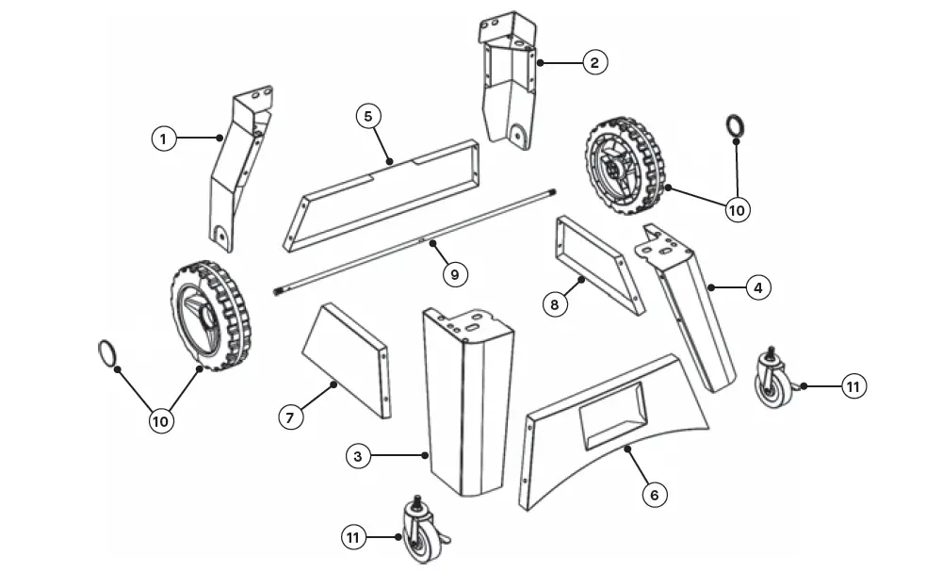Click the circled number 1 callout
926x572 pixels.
(164, 139)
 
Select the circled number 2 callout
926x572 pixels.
(593, 62)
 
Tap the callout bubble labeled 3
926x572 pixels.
(357, 457)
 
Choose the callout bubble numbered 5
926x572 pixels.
(368, 116)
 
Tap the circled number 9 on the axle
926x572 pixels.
(454, 274)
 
